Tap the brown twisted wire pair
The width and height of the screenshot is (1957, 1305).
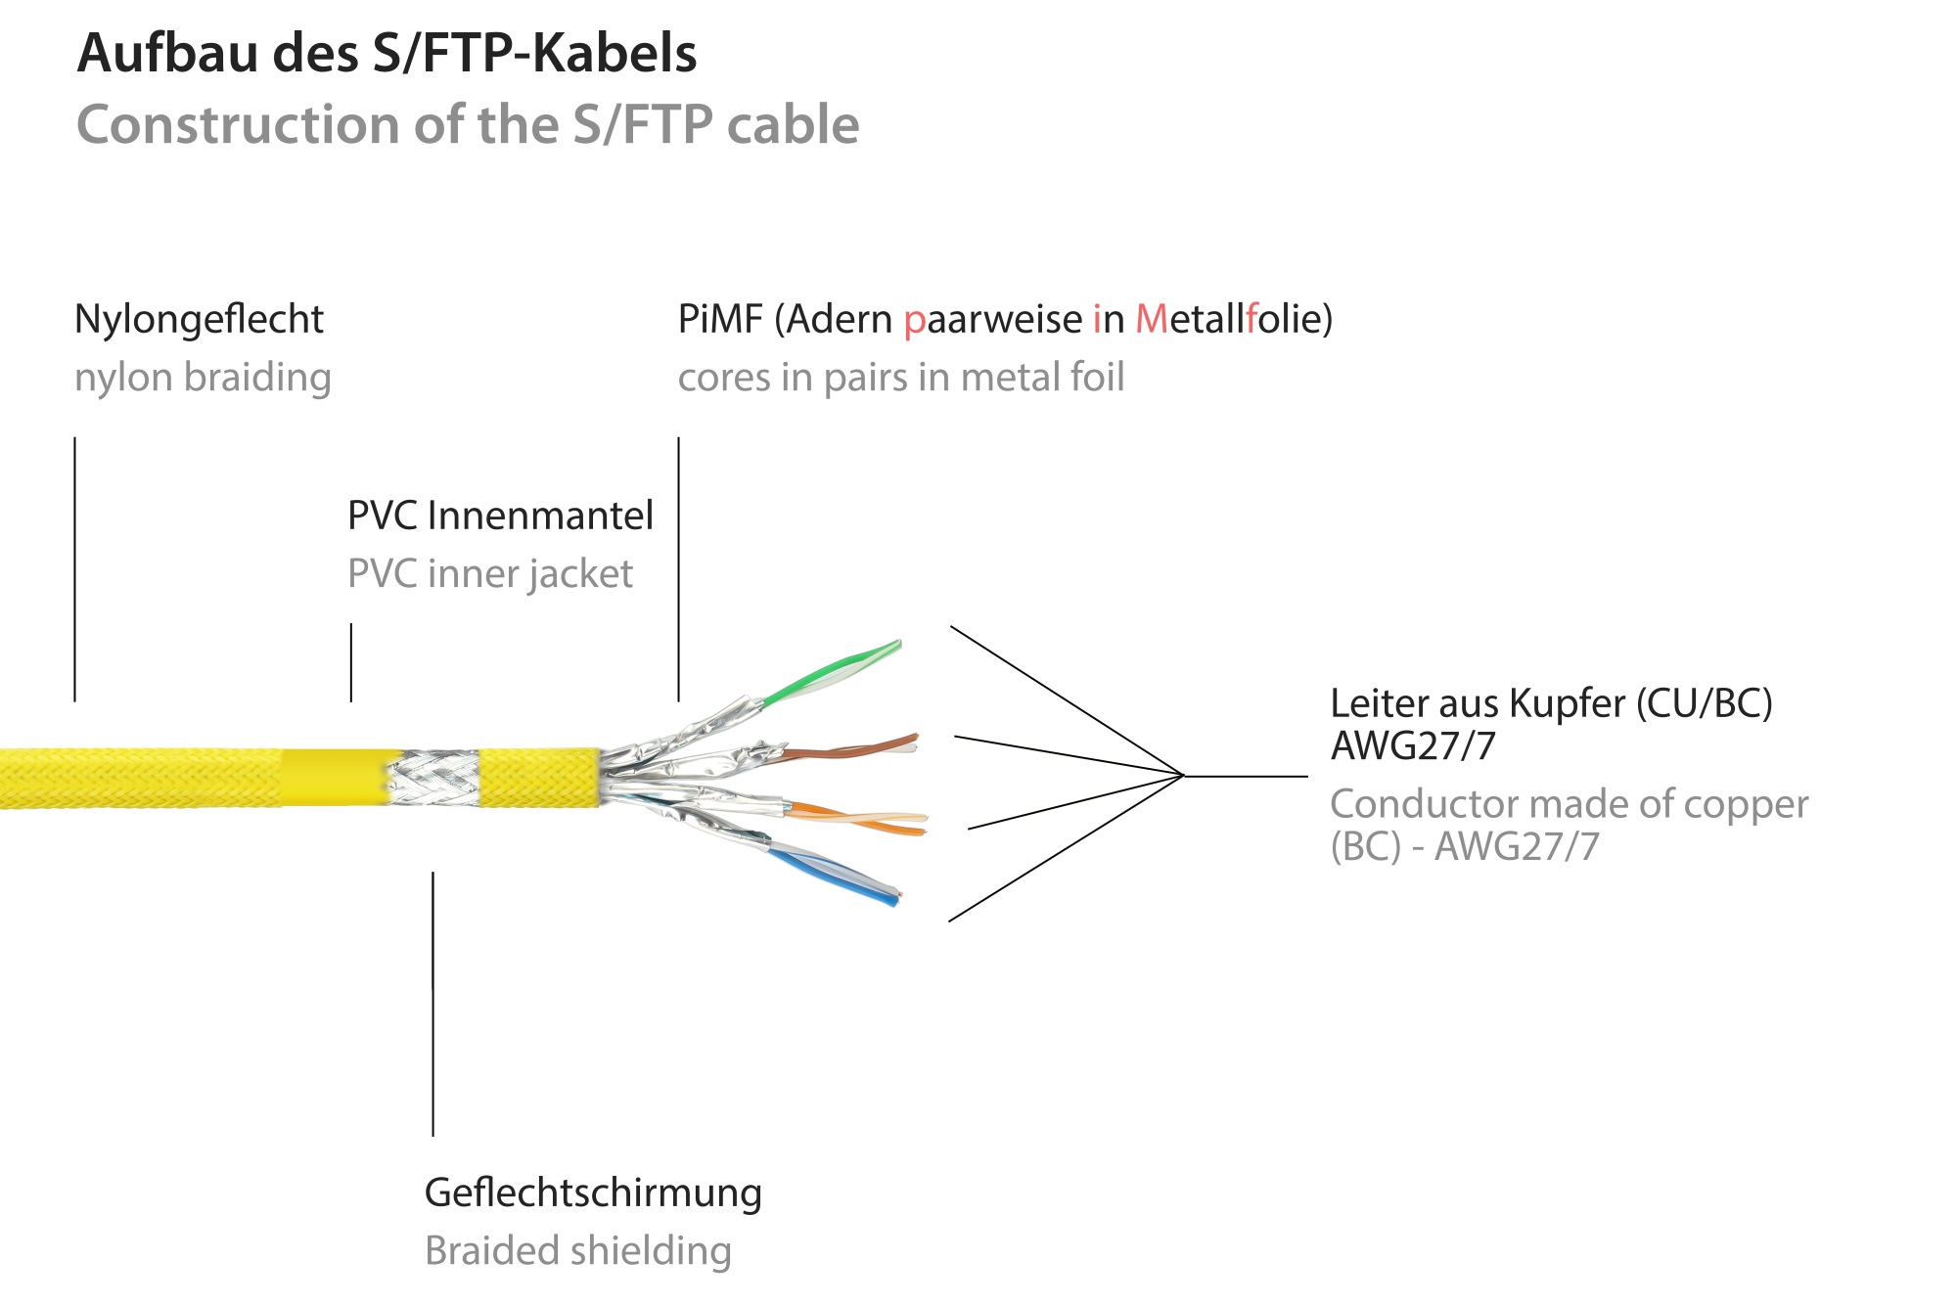(851, 749)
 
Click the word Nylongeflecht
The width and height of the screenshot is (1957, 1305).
(199, 320)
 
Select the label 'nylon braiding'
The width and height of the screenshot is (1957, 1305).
(203, 378)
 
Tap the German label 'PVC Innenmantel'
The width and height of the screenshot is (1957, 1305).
(500, 516)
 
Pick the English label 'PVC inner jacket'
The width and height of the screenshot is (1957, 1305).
(490, 574)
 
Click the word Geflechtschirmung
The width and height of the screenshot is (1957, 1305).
(593, 1192)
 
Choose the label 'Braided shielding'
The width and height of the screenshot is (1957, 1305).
(578, 1251)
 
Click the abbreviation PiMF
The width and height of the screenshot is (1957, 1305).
(720, 320)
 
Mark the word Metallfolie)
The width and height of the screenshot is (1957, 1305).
(1234, 320)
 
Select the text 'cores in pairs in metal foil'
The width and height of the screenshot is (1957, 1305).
(901, 378)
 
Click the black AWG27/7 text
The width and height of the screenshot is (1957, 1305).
(1413, 746)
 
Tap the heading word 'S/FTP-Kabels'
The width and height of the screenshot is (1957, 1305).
(534, 53)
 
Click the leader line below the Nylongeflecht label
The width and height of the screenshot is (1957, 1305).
(75, 568)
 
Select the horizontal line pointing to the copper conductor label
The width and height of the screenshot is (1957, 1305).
(1245, 777)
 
